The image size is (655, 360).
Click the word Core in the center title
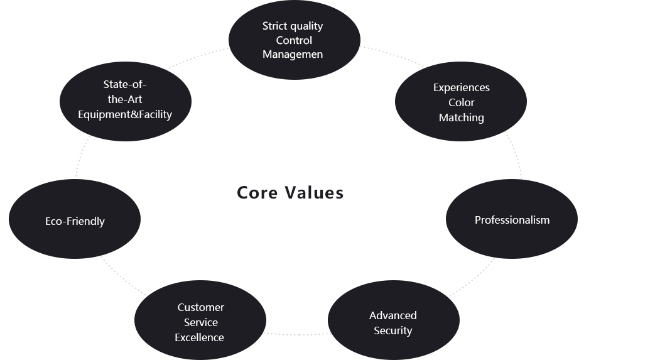click(257, 193)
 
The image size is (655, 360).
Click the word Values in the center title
click(314, 193)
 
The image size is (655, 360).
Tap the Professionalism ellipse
click(512, 219)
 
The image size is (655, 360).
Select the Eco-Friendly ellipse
click(75, 219)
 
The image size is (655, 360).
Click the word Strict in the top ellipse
click(273, 26)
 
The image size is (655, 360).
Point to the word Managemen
click(293, 55)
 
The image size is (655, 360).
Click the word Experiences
click(461, 88)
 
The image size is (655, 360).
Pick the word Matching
click(461, 118)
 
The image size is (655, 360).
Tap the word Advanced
click(392, 315)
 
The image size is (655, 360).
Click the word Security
click(392, 330)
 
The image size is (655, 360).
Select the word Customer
click(200, 307)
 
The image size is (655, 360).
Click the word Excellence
click(199, 337)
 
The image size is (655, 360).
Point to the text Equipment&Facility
click(125, 114)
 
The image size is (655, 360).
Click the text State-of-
click(125, 84)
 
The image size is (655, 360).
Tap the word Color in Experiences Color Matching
click(461, 102)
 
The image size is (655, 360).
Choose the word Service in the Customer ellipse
click(200, 322)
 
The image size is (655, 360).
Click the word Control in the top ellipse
click(294, 41)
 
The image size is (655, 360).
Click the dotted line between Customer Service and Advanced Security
click(297, 334)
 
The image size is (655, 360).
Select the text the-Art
click(125, 99)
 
